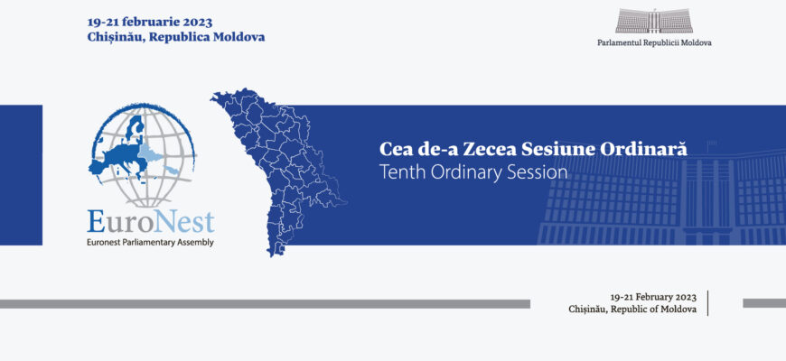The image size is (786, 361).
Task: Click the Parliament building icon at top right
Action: point(654,21)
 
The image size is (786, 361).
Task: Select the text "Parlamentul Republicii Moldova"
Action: point(654,43)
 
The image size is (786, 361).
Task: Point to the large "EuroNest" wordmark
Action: point(150,222)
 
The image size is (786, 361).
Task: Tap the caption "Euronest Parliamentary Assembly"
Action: point(150,243)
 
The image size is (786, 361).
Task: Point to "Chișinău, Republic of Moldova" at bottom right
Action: point(632,310)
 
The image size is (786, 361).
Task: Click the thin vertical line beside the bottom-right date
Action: point(707,303)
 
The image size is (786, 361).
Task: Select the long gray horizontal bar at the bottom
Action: point(266,304)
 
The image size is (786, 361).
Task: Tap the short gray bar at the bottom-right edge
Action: point(764,303)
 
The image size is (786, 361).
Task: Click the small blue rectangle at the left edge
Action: point(21,175)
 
